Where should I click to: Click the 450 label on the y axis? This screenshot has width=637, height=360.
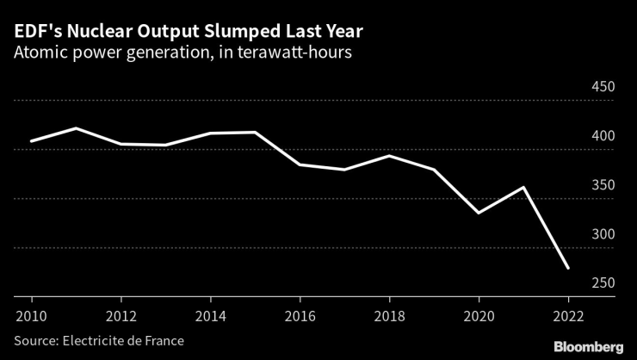602,88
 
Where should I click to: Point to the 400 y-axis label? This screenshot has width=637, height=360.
602,137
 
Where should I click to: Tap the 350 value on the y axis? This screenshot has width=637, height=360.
602,186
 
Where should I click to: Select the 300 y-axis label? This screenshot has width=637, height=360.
602,235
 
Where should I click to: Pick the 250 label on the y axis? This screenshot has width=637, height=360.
602,284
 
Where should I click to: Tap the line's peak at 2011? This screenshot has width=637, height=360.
77,128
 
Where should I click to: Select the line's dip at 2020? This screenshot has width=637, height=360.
479,213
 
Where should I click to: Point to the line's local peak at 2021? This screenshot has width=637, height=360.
523,187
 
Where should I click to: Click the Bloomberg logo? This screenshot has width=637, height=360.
588,346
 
